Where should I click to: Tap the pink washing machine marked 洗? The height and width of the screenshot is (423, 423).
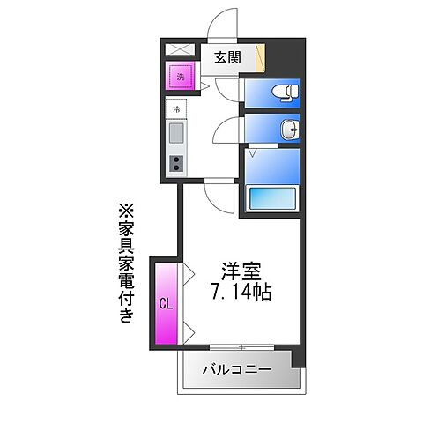181,77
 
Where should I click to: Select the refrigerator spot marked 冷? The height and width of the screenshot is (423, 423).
176,110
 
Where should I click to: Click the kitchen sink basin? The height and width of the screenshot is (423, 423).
176,136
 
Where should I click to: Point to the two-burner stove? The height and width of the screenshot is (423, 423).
176,163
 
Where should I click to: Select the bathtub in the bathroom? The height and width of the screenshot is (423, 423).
272,198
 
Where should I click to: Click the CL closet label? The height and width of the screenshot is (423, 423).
165,304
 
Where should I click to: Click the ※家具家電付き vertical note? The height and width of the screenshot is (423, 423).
125,264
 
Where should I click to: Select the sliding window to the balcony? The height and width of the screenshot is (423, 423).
238,345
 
